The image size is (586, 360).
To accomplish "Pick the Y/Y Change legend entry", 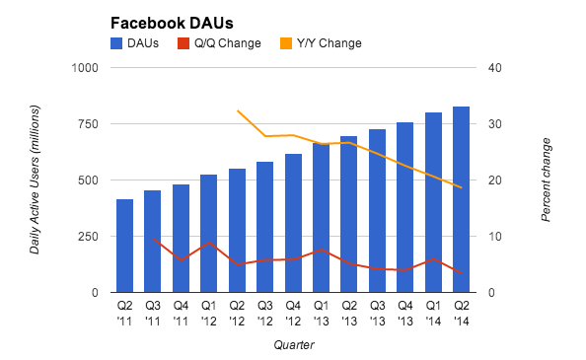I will [321, 43].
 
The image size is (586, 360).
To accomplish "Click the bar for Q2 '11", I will [124, 247].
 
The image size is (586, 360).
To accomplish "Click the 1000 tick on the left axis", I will [86, 68].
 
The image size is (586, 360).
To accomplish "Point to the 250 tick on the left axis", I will [89, 237].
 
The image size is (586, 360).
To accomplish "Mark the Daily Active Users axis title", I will [35, 180].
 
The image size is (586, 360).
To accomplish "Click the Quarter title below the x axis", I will [292, 344].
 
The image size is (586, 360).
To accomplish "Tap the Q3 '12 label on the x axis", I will [264, 313].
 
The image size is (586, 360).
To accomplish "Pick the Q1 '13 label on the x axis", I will [321, 313].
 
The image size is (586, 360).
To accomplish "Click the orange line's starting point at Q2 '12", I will [237, 110].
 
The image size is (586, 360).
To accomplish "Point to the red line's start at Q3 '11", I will [153, 239].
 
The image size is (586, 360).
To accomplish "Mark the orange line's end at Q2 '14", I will [461, 187].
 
